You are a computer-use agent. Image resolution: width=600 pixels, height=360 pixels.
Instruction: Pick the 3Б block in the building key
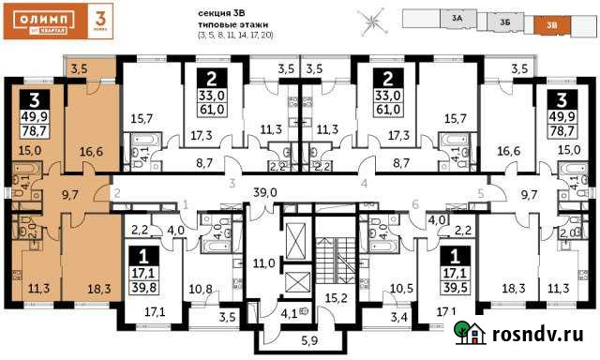point(504,21)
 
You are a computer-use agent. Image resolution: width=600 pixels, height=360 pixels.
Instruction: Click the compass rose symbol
point(374,20)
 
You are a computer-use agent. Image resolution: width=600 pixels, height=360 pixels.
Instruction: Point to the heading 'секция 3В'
point(222,12)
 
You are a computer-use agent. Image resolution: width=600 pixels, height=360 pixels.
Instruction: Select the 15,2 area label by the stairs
point(336,300)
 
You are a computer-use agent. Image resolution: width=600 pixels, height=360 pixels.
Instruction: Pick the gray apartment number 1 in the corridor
point(186,203)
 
